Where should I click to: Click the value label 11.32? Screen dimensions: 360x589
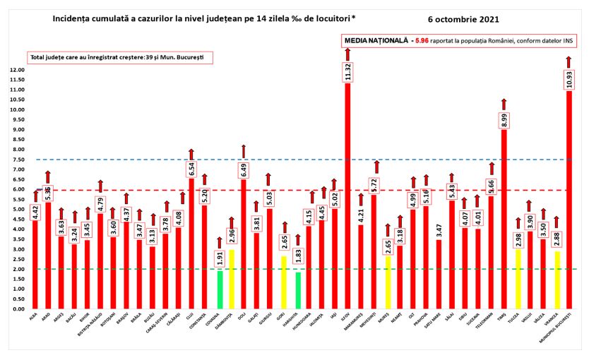point(347,71)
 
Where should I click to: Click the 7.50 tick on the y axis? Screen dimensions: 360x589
point(17,160)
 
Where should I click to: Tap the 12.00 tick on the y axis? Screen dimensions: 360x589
point(16,71)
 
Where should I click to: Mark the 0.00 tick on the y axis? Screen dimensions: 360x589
point(17,308)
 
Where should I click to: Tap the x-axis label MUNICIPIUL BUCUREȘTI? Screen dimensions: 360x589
point(565,325)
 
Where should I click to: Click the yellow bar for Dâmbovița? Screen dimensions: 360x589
point(231,280)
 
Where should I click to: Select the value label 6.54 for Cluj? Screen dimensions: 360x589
point(191,169)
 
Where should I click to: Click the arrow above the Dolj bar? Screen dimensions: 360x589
point(244,150)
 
